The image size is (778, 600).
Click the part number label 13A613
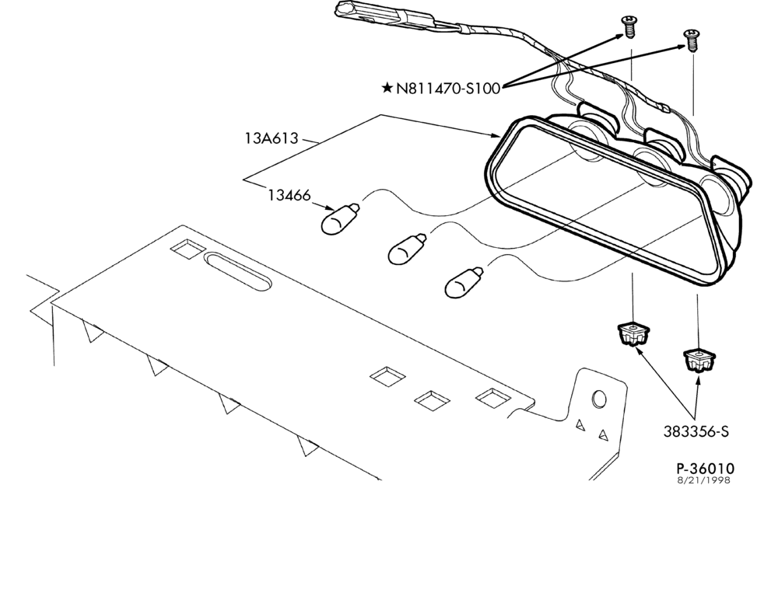[272, 138]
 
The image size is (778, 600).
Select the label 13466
[289, 195]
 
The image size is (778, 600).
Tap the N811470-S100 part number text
[448, 89]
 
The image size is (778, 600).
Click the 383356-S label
[696, 431]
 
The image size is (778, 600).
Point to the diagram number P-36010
[705, 468]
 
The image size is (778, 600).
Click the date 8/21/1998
[704, 480]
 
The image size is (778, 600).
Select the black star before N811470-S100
[387, 89]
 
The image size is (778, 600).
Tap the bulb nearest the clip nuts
[464, 283]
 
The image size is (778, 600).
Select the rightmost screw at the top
[691, 40]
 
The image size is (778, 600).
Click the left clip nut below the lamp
[633, 333]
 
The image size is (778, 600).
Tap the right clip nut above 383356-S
[699, 360]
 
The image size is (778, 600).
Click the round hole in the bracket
[599, 399]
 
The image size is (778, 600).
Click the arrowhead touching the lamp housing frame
[495, 134]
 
